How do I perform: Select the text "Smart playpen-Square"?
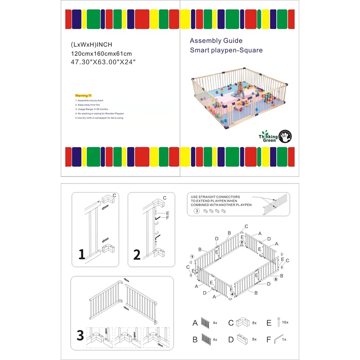tap(226, 50)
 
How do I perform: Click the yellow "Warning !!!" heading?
tap(83, 96)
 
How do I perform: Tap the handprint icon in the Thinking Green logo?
tap(286, 135)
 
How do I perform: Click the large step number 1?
tap(82, 255)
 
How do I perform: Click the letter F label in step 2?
tap(167, 218)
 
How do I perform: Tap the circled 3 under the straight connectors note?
tap(196, 211)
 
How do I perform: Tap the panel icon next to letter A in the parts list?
tap(206, 323)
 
